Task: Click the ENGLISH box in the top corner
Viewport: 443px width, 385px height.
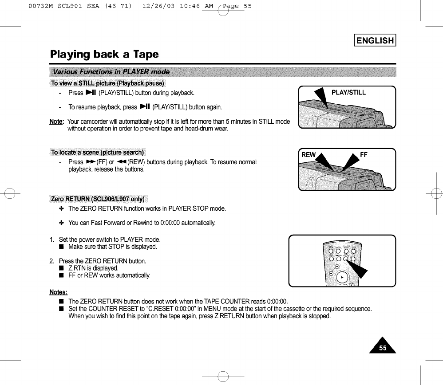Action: coord(375,40)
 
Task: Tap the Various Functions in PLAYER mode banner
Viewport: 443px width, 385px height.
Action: coord(111,72)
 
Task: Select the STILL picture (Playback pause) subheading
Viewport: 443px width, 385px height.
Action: coord(108,83)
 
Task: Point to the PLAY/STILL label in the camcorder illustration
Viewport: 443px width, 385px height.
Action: coord(348,92)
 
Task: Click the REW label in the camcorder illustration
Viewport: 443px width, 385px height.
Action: coord(309,155)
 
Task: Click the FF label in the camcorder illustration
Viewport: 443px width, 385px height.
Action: coord(364,155)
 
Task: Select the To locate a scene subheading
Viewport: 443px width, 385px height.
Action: coord(97,153)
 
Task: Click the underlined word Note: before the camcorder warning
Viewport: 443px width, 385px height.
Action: coord(57,122)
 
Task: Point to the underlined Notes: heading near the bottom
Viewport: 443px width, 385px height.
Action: coord(58,291)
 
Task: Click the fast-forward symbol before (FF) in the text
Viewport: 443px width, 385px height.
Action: coord(90,162)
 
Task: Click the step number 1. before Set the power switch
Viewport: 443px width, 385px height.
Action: coord(52,240)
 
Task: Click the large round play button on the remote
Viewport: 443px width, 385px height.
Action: coord(341,278)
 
